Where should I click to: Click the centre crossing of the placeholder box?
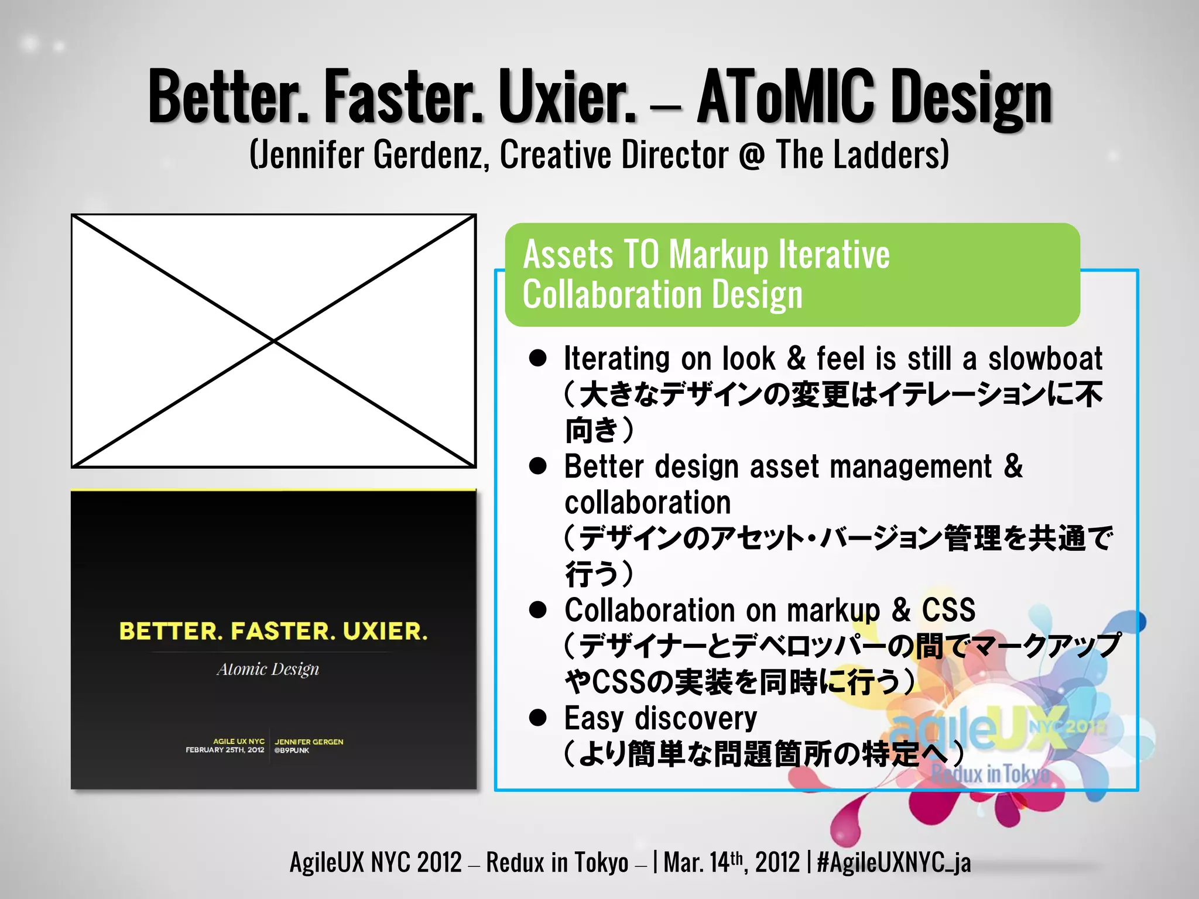(273, 341)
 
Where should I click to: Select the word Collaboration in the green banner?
(612, 294)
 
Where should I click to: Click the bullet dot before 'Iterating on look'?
(537, 358)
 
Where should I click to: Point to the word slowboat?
(1045, 358)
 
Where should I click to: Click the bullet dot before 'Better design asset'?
(537, 466)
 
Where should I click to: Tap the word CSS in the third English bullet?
(948, 610)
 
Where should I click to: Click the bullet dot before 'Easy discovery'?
(537, 718)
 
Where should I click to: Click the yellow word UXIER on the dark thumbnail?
(385, 631)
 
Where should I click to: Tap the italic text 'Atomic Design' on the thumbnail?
(268, 669)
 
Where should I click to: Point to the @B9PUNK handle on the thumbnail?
(292, 750)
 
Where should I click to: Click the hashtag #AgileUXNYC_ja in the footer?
(893, 862)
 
